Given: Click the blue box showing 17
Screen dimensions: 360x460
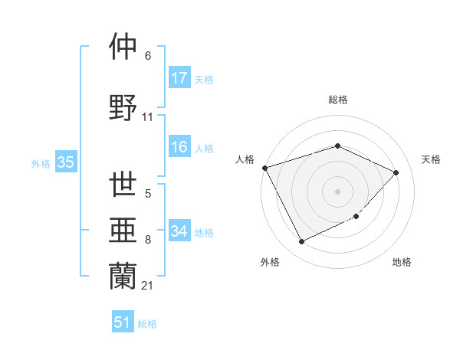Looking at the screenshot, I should [179, 78].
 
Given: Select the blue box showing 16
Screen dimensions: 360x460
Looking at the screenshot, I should [179, 148].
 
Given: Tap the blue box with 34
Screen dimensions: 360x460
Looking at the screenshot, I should [179, 231].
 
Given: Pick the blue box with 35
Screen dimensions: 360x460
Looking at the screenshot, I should [66, 162].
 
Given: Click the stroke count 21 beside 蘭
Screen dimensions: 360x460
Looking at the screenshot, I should [148, 286].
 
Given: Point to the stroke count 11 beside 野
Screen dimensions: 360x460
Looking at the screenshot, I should [148, 117].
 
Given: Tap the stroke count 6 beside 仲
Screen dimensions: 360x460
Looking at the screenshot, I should [148, 56].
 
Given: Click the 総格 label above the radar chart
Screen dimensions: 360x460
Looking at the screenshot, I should [337, 100].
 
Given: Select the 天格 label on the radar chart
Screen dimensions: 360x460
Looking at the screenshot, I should [431, 159].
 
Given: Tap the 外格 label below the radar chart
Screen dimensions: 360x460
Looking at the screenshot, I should [270, 263].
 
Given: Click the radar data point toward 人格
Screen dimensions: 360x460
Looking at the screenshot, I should [264, 168].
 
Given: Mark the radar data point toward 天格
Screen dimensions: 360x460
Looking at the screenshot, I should [396, 172].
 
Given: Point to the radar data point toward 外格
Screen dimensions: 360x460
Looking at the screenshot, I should [301, 242].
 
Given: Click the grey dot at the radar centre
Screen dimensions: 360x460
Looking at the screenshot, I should [337, 191].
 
